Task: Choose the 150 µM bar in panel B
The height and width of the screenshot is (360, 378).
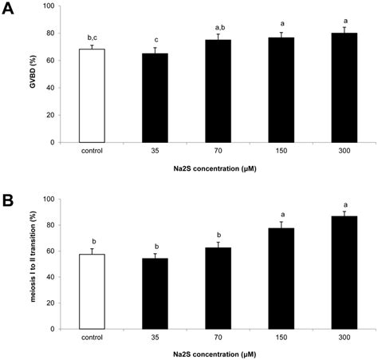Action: (267, 279)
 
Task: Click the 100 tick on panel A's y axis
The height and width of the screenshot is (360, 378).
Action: (69, 6)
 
